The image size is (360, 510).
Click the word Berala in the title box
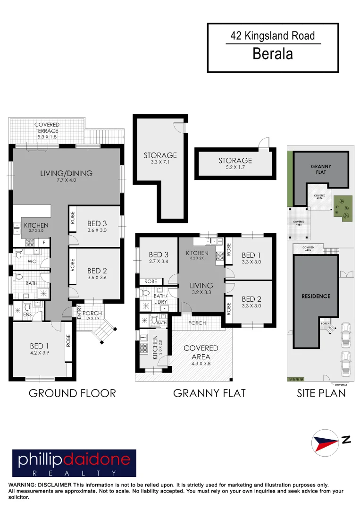tap(273, 54)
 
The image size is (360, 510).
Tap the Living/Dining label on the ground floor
tap(66, 173)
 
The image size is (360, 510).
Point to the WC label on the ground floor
tap(32, 261)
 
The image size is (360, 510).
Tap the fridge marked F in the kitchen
tap(44, 243)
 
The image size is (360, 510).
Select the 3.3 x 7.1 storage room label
tap(160, 158)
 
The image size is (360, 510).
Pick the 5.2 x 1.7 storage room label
tap(235, 164)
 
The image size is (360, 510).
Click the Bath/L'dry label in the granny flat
tap(161, 299)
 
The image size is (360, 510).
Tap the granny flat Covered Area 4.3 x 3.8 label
tap(201, 352)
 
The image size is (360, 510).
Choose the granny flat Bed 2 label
tap(251, 302)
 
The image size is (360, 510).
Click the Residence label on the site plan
tap(316, 297)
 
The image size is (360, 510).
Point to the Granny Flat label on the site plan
tap(321, 170)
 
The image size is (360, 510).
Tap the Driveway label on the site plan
tap(340, 384)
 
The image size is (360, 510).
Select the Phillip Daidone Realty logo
tap(74, 463)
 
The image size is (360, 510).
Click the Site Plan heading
tap(321, 393)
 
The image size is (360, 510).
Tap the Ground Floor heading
tap(72, 393)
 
